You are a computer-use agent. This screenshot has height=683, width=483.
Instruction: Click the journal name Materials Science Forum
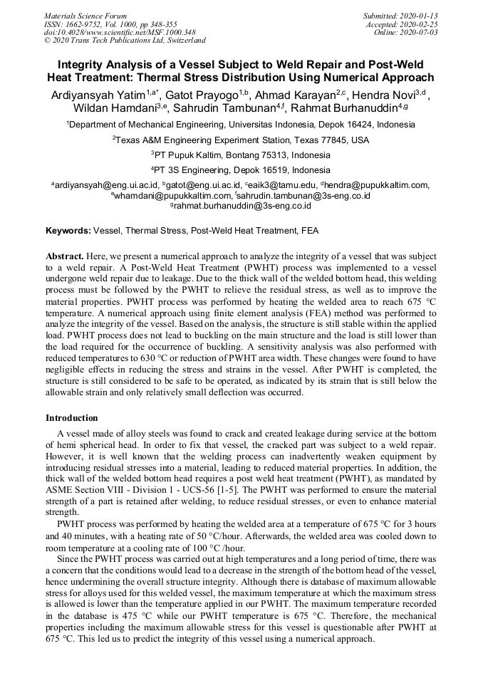point(85,15)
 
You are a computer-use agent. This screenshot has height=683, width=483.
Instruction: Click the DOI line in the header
point(120,32)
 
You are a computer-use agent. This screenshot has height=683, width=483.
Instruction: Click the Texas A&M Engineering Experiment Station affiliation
point(241,140)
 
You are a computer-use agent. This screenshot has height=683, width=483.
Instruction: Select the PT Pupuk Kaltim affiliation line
point(241,155)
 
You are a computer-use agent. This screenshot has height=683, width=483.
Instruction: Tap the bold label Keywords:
point(68,231)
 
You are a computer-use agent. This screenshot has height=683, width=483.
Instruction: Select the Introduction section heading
point(71,417)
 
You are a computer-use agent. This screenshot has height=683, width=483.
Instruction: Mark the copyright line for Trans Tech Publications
point(125,41)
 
